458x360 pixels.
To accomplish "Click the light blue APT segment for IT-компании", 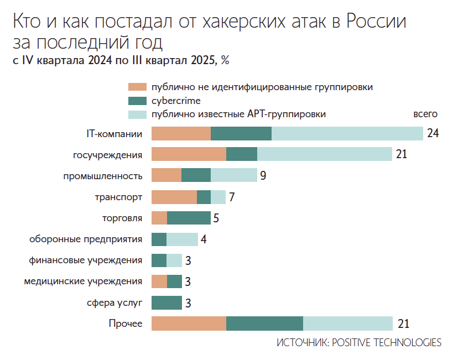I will pos(347,134).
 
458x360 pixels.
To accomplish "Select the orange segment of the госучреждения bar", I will pos(189,154).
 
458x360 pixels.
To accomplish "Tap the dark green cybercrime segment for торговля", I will pos(189,218).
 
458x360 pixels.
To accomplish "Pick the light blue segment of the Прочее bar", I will pos(347,324).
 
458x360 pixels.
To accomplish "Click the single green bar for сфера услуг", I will pos(166,303).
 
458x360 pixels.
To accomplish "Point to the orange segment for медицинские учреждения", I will pos(159,281).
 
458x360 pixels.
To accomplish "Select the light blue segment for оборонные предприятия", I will pos(182,239).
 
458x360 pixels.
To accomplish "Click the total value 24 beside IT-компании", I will pos(433,134).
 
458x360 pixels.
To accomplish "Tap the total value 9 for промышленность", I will pos(263,176).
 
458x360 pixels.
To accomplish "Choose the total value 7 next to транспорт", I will pos(232,197).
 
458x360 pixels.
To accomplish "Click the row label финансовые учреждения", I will pos(86,260).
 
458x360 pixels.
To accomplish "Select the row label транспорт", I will pos(118,197).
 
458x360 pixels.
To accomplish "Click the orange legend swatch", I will pos(137,87).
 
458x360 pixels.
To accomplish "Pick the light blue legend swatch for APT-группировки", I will pos(137,114).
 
